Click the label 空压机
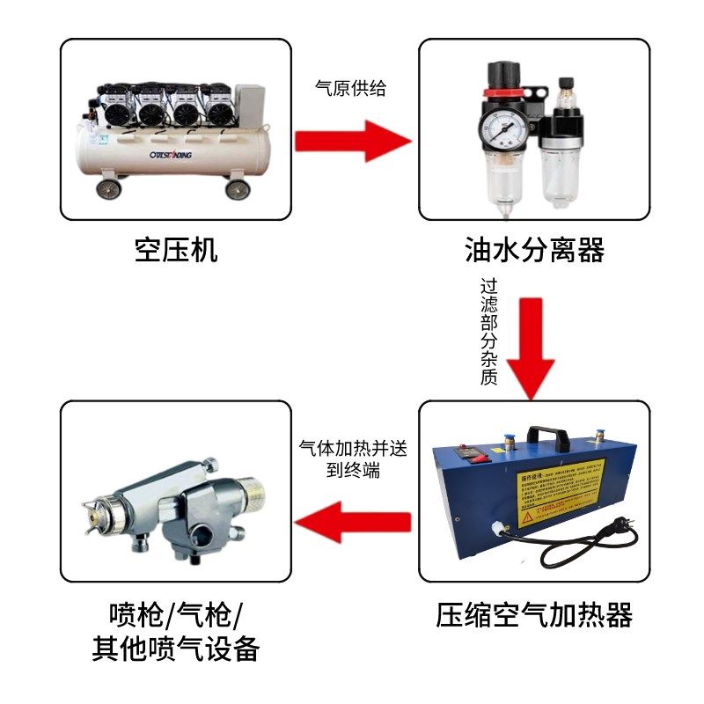pos(176,251)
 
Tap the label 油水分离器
pos(534,251)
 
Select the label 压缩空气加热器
pos(534,614)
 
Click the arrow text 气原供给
pos(351,89)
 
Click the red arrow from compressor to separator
pos(352,141)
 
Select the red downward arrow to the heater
pos(535,348)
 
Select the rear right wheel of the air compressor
pos(237,187)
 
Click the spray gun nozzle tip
pos(91,510)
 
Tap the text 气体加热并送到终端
pos(353,458)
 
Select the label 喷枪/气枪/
pos(176,613)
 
